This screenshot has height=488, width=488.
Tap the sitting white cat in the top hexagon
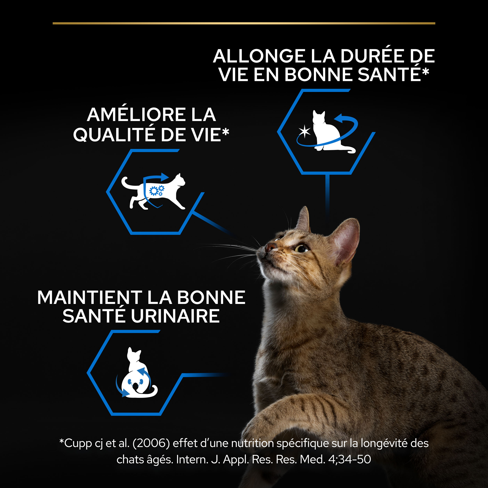327,134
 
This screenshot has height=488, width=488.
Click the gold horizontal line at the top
244,23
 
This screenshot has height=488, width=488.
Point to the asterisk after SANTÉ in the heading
425,71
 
